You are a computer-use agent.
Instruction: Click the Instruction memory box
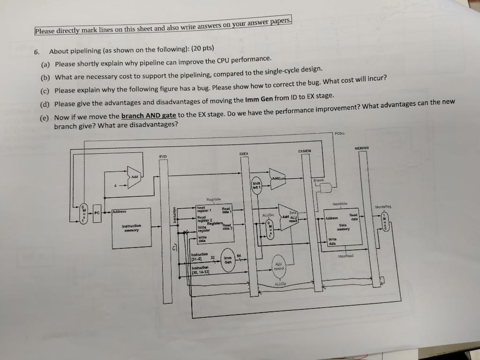tap(132, 228)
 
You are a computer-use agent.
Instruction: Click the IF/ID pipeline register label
tap(163, 156)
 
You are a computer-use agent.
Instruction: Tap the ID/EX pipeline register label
tap(244, 153)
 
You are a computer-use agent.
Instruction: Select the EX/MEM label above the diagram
tap(306, 151)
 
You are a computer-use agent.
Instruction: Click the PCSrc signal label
tap(340, 134)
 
